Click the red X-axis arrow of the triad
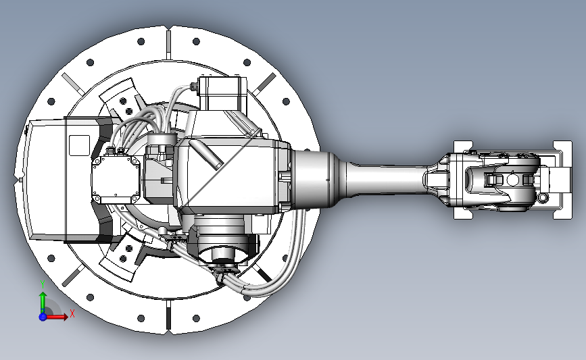click(x=56, y=317)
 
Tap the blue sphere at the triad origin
click(x=43, y=317)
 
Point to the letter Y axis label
click(x=43, y=284)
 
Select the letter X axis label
click(x=72, y=313)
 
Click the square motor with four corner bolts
click(x=116, y=180)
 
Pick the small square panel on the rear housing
click(x=80, y=145)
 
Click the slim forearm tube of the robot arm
click(x=385, y=179)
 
